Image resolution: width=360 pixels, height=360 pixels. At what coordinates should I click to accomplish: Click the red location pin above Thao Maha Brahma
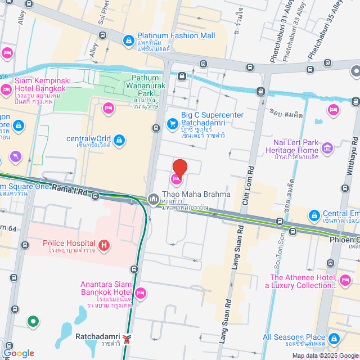point(179,168)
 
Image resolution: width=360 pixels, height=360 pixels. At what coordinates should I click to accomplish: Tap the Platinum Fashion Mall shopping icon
point(129,40)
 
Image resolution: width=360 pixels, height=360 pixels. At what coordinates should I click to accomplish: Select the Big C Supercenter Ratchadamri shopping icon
point(172,123)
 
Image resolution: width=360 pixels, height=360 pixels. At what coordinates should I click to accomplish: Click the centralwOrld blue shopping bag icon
point(119,139)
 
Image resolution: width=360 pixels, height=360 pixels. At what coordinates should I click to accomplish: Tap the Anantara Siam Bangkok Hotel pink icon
point(141,292)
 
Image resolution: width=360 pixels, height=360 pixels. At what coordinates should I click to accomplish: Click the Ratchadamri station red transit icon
point(129,339)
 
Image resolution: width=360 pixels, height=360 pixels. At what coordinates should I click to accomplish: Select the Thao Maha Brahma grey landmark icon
point(153,199)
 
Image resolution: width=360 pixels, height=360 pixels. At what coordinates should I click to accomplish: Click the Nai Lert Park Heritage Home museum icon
point(327,148)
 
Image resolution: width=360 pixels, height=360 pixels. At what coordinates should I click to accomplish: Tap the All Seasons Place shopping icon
point(335,339)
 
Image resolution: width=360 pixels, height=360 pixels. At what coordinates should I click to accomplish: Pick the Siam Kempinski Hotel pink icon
point(7,89)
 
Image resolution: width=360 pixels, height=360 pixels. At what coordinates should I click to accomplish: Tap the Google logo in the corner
point(18,353)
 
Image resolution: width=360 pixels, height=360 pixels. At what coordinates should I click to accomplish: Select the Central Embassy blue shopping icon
point(314,214)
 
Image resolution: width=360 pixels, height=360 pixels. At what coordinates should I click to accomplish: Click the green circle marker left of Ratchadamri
point(33,322)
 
